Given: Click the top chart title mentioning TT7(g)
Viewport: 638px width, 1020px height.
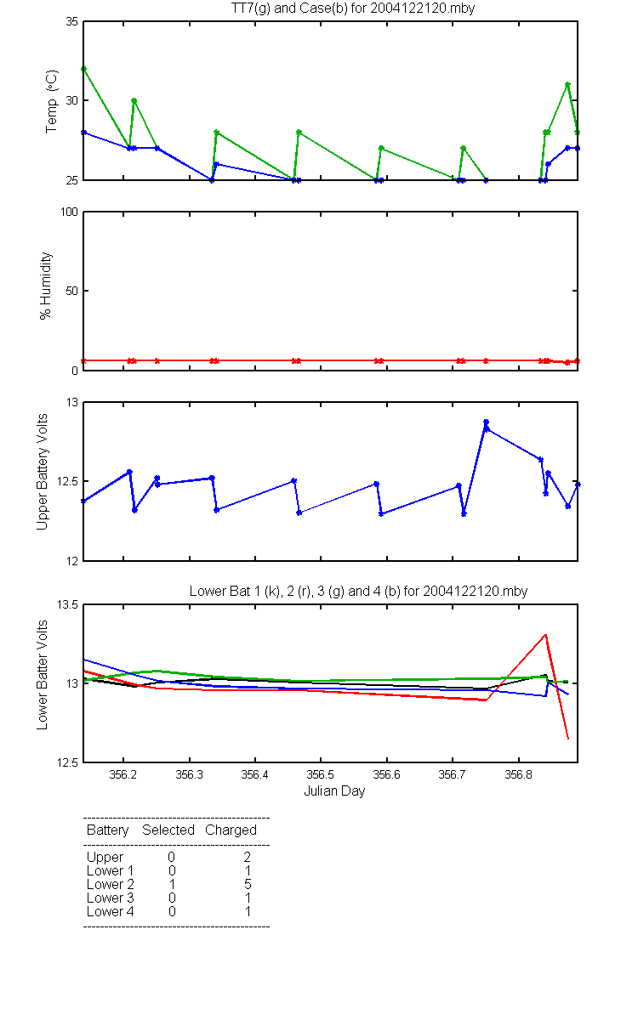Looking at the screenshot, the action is point(353,8).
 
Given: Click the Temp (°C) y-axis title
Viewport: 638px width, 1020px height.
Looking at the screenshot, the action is point(52,101).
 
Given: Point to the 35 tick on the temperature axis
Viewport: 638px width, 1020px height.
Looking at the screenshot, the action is point(72,22).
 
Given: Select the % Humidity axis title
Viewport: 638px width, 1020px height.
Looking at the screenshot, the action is point(46,286).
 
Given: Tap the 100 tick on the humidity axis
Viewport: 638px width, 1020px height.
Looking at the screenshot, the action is point(69,212).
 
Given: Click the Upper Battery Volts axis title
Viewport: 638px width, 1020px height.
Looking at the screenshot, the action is point(42,472).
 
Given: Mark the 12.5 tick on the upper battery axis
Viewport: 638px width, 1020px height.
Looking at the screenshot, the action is point(67,482).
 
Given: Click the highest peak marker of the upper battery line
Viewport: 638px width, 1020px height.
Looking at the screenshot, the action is point(487,422).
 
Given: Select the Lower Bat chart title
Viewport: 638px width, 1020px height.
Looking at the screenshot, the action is point(358,591).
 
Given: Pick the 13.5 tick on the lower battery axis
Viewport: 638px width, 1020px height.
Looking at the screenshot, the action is point(67,604).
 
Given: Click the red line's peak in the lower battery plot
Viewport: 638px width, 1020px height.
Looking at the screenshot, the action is point(545,634).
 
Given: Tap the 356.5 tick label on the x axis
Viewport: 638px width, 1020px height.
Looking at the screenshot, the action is point(321,774).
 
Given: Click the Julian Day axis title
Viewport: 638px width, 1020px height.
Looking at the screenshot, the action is point(334,791).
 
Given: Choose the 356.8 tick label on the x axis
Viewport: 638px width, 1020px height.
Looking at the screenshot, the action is point(519,774).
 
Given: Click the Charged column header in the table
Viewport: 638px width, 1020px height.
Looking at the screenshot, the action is point(231,830).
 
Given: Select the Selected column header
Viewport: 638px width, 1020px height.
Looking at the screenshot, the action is point(168,830).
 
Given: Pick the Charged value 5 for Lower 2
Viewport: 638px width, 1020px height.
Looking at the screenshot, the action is point(248,884).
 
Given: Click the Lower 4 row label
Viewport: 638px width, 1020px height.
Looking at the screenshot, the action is point(111,911).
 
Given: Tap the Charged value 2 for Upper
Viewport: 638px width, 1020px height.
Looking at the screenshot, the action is point(248,857).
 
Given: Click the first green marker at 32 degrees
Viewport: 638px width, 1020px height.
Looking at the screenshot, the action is point(84,69).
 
